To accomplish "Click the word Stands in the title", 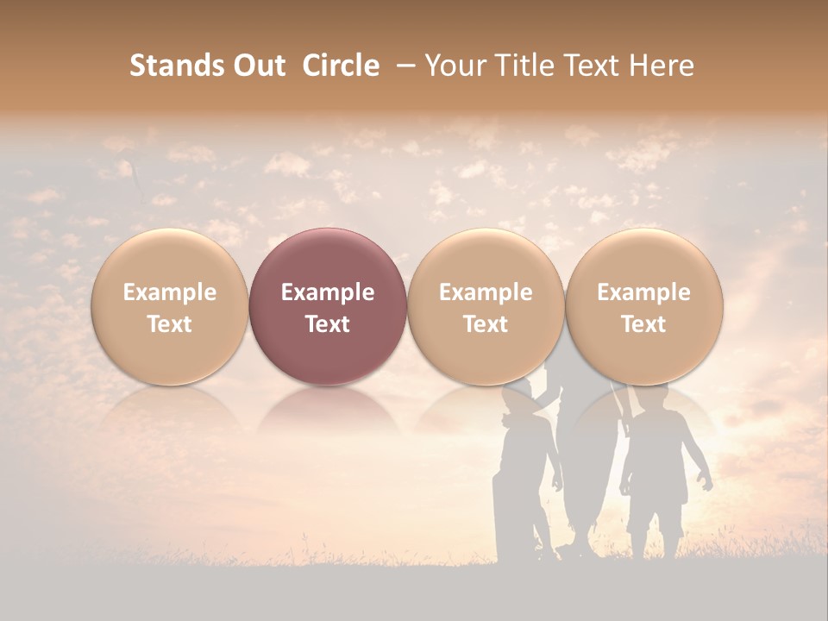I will (177, 66).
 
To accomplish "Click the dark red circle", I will (328, 306).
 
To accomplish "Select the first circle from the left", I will (170, 306).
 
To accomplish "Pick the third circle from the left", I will (486, 306).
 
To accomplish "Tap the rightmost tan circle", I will (643, 306).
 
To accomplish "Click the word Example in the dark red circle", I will (328, 292).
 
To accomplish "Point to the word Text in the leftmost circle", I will (170, 324).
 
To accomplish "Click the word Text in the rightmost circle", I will (643, 324).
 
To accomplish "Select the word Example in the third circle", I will (486, 292).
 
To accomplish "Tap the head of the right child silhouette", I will (653, 401).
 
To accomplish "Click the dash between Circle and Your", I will (402, 66).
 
